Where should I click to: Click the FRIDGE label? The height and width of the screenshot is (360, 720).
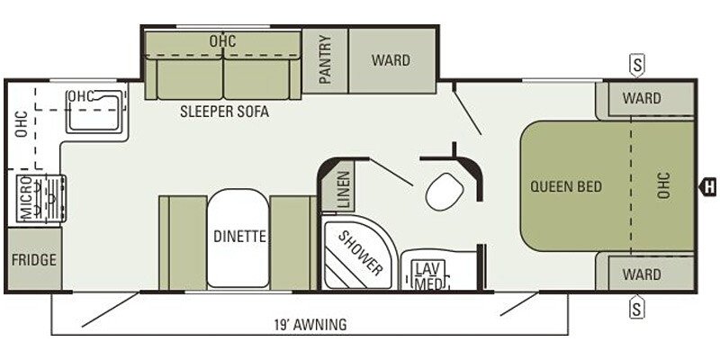pyautogui.click(x=34, y=260)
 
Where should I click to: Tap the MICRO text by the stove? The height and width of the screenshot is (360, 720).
pyautogui.click(x=26, y=198)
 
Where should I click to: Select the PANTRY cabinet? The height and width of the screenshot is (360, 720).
pyautogui.click(x=325, y=60)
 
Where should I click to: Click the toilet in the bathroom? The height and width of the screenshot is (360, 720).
pyautogui.click(x=444, y=192)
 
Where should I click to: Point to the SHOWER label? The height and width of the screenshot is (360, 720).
pyautogui.click(x=361, y=253)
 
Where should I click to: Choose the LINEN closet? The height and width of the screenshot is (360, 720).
pyautogui.click(x=345, y=191)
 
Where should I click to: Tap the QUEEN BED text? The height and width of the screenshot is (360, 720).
pyautogui.click(x=566, y=187)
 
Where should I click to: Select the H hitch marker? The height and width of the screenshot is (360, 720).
pyautogui.click(x=708, y=187)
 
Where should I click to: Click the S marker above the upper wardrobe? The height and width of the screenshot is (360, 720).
pyautogui.click(x=637, y=65)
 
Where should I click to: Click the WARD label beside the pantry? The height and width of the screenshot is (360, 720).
pyautogui.click(x=391, y=60)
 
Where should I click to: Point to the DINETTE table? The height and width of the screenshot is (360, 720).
pyautogui.click(x=238, y=238)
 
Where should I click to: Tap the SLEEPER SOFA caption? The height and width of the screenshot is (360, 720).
pyautogui.click(x=224, y=112)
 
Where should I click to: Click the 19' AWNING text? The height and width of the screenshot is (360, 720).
pyautogui.click(x=310, y=325)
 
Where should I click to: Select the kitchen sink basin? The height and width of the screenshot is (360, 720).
pyautogui.click(x=94, y=112)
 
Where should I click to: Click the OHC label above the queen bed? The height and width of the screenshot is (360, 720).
pyautogui.click(x=663, y=186)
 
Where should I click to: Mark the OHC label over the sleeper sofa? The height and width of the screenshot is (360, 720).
pyautogui.click(x=222, y=40)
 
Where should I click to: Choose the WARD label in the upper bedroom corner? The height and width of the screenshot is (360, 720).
pyautogui.click(x=642, y=98)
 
